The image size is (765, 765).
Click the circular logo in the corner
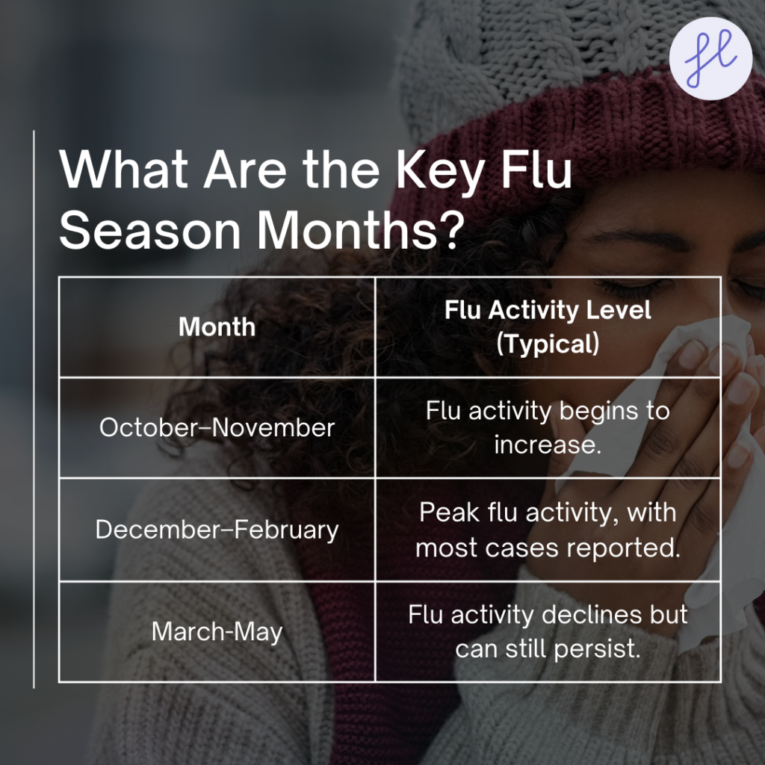click(x=710, y=58)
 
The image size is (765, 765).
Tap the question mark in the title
click(x=452, y=230)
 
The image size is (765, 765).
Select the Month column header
click(x=217, y=326)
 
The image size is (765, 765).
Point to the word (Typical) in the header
click(x=548, y=344)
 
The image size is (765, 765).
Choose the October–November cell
click(x=217, y=427)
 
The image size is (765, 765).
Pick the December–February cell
click(x=217, y=530)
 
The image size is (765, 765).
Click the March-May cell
click(x=217, y=631)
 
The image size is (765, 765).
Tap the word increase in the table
click(x=548, y=444)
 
